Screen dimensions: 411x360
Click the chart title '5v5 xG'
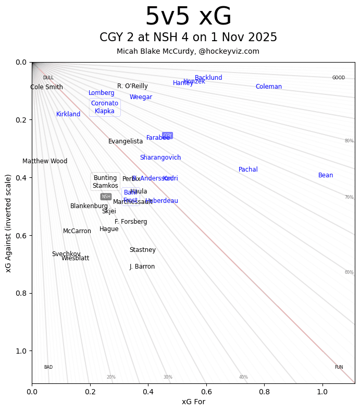pos(188,17)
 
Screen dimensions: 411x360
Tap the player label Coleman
pos(268,87)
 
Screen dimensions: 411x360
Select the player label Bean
pos(326,175)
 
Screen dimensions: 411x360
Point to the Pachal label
pos(248,170)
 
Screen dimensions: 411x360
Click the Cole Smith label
pos(46,87)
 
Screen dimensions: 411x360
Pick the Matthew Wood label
pos(45,161)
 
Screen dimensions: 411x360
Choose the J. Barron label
pos(142,267)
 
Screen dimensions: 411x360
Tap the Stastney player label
pos(143,250)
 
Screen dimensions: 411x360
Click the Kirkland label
pos(68,114)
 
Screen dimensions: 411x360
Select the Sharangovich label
pos(160,158)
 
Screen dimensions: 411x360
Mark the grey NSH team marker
pos(106,197)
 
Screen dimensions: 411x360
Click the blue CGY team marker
pos(167,135)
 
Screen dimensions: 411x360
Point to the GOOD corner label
pos(339,78)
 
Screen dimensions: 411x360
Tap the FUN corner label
pos(339,367)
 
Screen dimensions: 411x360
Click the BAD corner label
pos(48,367)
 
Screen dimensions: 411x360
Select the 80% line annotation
pos(349,141)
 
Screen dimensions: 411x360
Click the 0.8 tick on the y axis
pos(20,293)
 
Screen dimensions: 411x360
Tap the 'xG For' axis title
pos(193,402)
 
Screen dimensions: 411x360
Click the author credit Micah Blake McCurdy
pos(188,51)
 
